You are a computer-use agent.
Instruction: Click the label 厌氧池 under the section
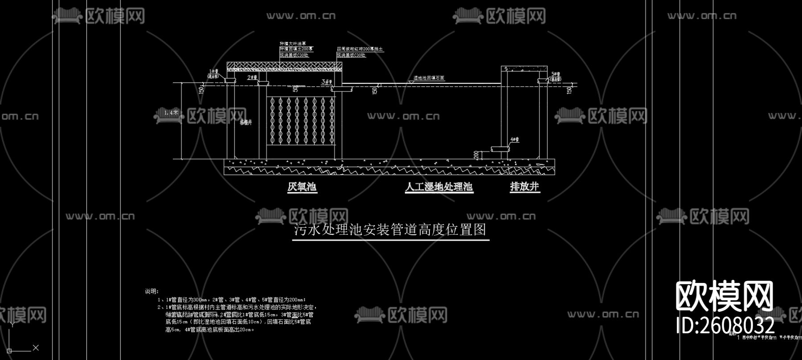coord(302,187)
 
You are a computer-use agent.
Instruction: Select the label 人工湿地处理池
coord(439,187)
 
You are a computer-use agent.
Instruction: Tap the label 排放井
coord(524,187)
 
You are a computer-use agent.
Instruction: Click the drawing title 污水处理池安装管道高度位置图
coord(390,230)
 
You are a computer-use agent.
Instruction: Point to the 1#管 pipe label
coord(214,72)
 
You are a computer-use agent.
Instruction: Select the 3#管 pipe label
coord(327,82)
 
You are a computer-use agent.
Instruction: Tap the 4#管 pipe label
coord(515,139)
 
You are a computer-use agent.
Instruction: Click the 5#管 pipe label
coord(556,74)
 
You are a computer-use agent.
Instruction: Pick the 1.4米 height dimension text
coord(171,113)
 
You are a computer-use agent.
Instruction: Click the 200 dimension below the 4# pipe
coord(476,155)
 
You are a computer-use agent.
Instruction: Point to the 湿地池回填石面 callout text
coord(429,78)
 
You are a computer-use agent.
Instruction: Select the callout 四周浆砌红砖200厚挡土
coord(360,49)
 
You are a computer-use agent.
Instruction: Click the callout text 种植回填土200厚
coord(296,49)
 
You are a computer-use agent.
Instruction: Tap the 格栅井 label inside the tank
coord(246,122)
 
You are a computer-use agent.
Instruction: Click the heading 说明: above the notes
coord(151,291)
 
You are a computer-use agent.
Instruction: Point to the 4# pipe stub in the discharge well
coord(500,149)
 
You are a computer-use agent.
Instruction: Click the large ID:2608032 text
coord(725,325)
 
